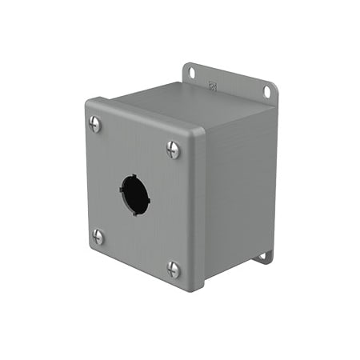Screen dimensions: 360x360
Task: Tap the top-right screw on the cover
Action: tap(173, 149)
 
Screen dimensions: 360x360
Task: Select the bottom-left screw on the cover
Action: tap(98, 236)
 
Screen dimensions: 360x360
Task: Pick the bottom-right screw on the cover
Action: tap(173, 269)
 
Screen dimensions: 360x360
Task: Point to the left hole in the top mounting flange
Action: tap(192, 73)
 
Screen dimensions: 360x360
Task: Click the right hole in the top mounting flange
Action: tap(267, 91)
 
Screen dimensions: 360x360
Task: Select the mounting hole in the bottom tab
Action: tap(262, 258)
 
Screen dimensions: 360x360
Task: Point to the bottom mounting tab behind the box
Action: tap(263, 258)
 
